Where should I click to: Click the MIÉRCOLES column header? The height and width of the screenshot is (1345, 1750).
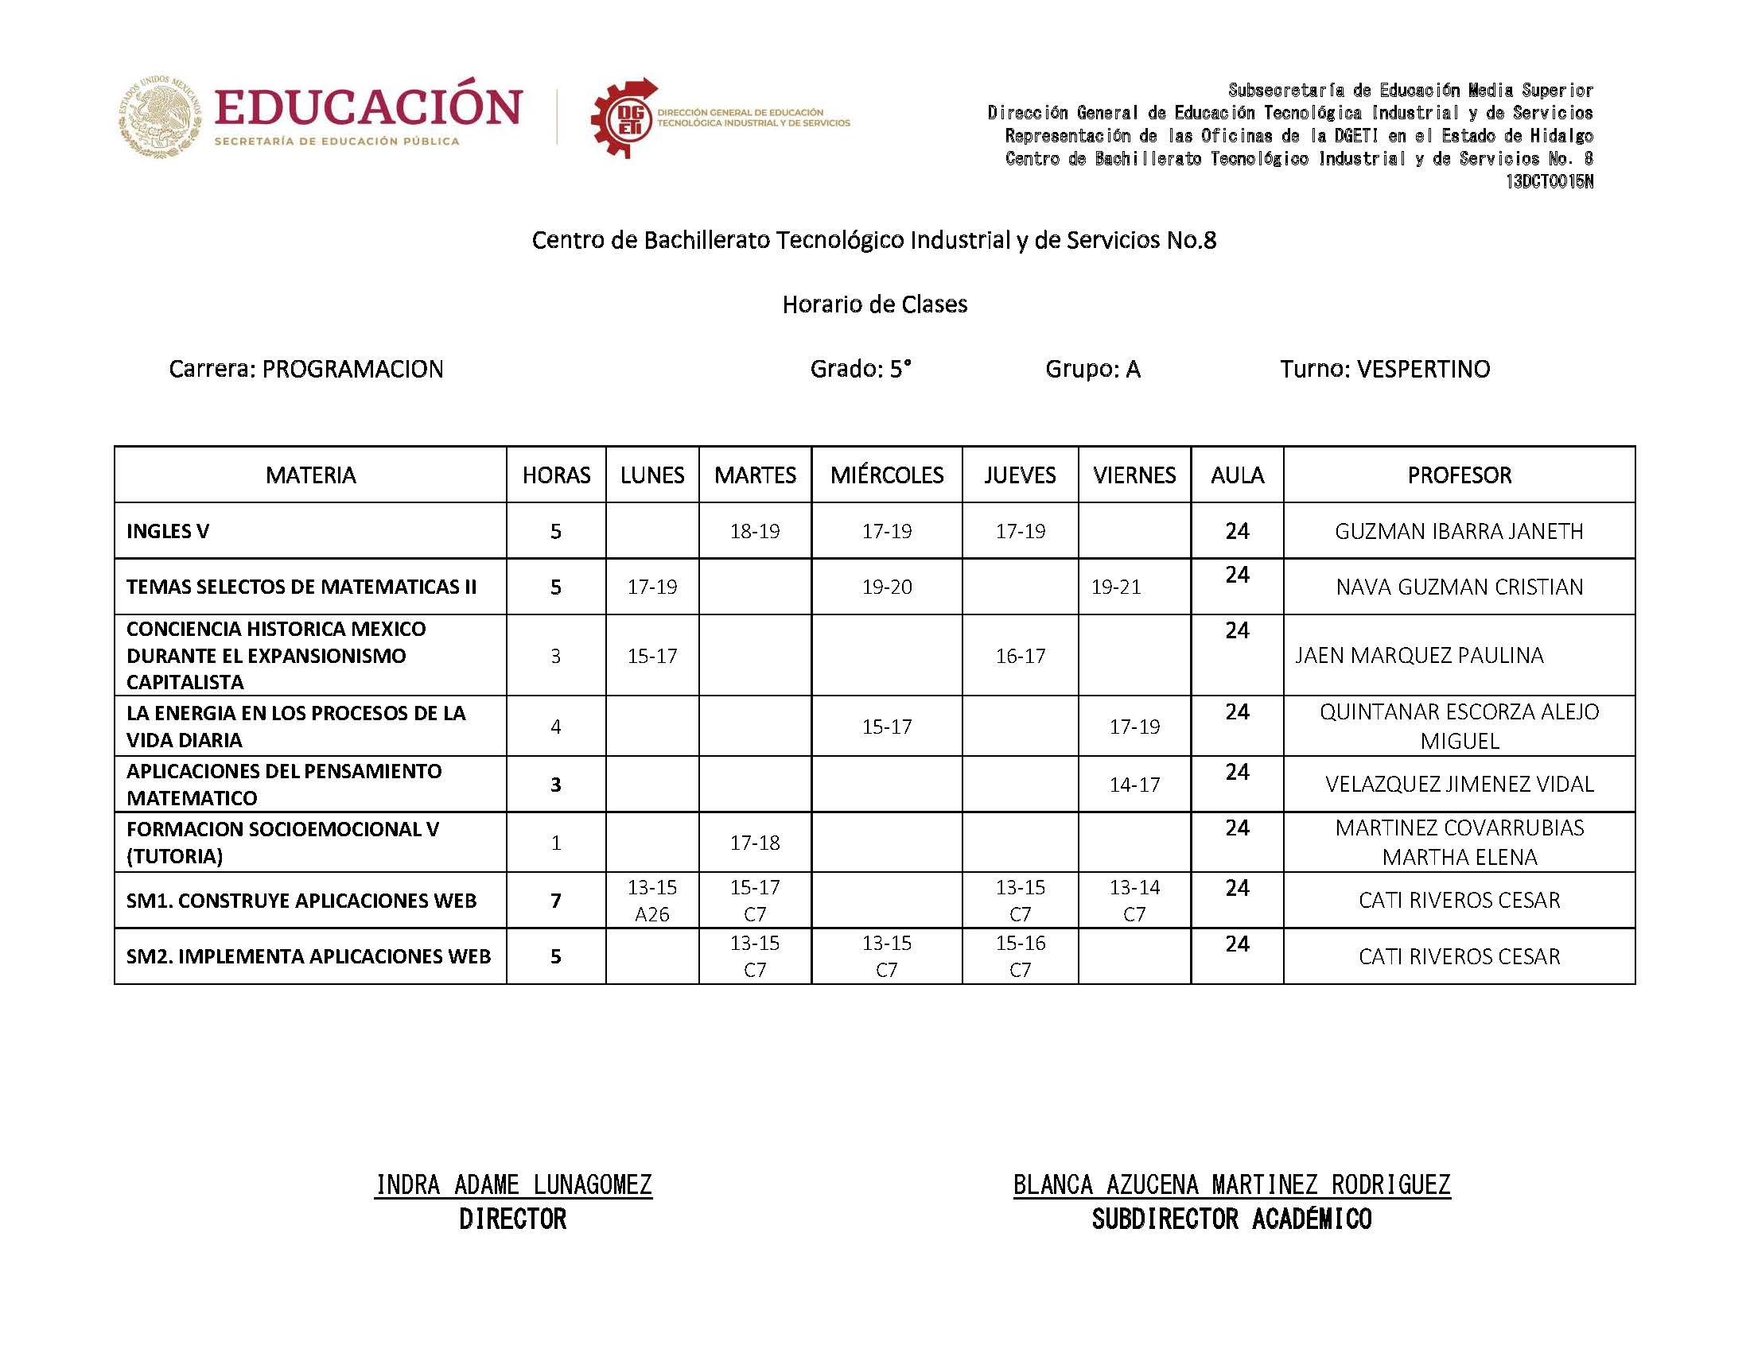[886, 475]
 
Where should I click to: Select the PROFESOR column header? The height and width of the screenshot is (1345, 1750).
[1459, 475]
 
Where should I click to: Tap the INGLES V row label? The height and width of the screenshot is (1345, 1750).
[167, 531]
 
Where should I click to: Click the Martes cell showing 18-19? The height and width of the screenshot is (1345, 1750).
[754, 531]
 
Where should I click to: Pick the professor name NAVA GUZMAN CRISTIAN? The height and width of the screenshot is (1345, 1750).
[1459, 587]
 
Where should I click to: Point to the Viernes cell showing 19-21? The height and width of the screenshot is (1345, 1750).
[1116, 587]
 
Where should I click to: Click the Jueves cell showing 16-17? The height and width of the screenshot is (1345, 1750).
[1020, 656]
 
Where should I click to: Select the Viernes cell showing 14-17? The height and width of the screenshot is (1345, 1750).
[1134, 785]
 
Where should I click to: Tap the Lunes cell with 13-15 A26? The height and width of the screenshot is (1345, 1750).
[652, 900]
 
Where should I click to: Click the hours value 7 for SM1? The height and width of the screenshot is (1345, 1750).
[556, 901]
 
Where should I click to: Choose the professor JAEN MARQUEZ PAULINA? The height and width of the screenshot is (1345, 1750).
[1419, 655]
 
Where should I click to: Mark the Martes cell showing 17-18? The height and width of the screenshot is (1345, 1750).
[754, 843]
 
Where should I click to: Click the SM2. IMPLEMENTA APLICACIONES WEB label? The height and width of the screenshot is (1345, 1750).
[309, 956]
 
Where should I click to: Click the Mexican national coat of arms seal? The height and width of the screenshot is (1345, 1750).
[161, 117]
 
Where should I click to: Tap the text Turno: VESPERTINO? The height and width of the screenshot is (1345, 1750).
[1384, 369]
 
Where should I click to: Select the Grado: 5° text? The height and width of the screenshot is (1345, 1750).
[860, 369]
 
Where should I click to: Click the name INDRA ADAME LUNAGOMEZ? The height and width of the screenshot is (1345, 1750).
[513, 1184]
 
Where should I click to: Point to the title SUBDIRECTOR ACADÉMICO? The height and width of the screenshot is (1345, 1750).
[1231, 1219]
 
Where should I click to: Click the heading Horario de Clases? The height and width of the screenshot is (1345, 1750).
[874, 304]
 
